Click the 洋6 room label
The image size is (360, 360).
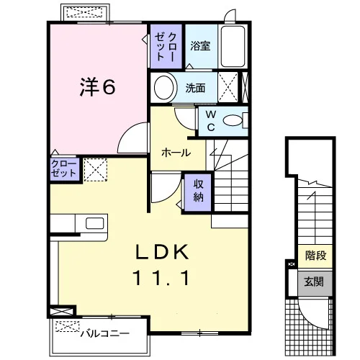97,86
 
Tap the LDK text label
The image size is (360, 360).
162,252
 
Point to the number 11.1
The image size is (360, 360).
162,278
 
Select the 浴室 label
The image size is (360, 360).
200,45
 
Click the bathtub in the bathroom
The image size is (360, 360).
233,46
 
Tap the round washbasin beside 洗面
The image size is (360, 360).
164,87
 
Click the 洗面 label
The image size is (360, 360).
195,88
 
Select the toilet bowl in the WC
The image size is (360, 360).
233,120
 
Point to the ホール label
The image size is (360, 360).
176,153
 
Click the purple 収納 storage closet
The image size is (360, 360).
198,193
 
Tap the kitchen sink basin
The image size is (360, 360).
95,223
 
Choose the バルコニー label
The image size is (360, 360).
105,333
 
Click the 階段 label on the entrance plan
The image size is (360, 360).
315,256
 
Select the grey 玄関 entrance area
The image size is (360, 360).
315,284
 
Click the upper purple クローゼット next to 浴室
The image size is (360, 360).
166,46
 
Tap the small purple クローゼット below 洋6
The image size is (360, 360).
65,168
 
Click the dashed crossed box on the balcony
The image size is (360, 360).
68,327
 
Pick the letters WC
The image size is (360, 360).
211,121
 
